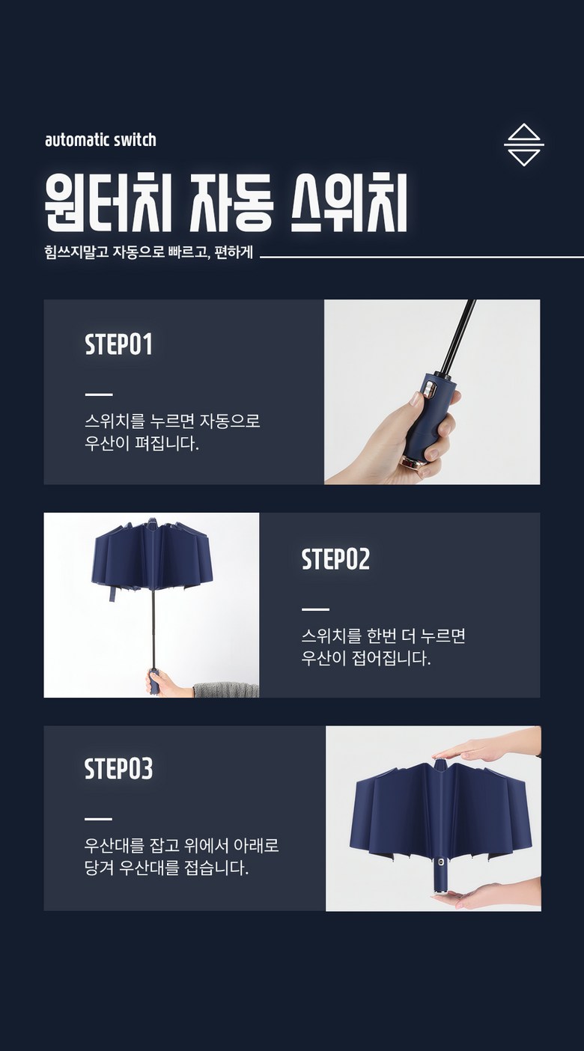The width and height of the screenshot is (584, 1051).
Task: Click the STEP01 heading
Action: (119, 344)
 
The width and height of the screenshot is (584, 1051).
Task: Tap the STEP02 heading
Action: (335, 559)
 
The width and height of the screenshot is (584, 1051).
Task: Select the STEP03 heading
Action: (119, 769)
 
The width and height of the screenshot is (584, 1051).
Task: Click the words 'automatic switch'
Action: (100, 140)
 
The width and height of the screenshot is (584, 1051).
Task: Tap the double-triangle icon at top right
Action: (524, 144)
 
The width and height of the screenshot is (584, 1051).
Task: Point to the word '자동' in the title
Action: (231, 203)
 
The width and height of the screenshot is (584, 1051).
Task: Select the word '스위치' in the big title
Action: (349, 203)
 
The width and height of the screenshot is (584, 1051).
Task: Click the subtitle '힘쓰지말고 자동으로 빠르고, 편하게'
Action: (149, 252)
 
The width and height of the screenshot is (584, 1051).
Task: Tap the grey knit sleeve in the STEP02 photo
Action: (226, 689)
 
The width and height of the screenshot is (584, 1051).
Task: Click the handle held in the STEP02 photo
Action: (154, 681)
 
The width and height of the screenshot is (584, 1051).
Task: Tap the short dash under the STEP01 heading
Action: (99, 394)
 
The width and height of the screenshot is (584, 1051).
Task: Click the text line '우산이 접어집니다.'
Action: (365, 658)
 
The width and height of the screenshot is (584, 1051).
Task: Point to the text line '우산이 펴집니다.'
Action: (142, 443)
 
